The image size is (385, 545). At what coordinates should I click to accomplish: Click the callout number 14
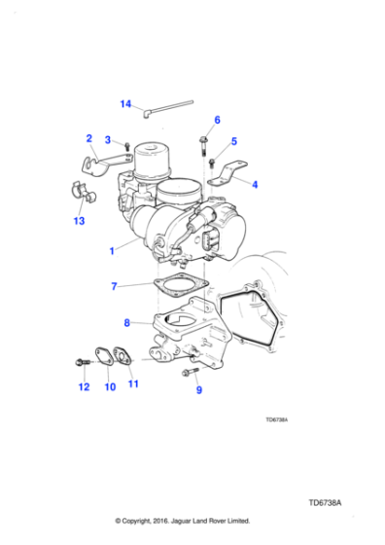coord(125,104)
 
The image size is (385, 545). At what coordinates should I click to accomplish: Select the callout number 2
coord(88,138)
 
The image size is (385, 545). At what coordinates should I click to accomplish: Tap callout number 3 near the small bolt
coord(108,139)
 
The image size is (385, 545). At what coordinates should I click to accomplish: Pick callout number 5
coord(233,142)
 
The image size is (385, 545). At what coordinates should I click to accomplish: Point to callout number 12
coord(84,386)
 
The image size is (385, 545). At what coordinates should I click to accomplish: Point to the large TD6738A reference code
coord(329,503)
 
